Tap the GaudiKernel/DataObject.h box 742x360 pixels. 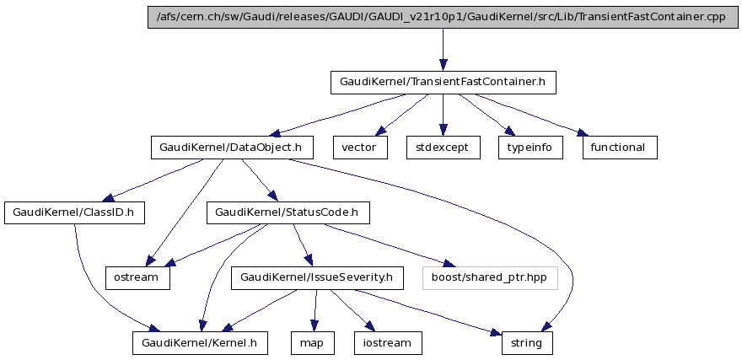pos(232,147)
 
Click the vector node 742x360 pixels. pos(360,147)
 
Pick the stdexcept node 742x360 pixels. pos(443,147)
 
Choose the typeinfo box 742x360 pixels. pos(530,147)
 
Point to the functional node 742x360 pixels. pos(618,147)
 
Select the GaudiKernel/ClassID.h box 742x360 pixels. pos(74,212)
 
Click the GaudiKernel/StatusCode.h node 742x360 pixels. pos(288,212)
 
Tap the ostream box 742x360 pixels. pos(137,277)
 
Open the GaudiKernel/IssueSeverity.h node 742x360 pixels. pos(315,277)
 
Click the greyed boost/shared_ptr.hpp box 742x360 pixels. pos(490,277)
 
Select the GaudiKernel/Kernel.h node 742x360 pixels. pos(200,343)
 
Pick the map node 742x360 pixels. pos(312,343)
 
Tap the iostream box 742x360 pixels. pos(388,343)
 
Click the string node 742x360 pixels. pos(528,343)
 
